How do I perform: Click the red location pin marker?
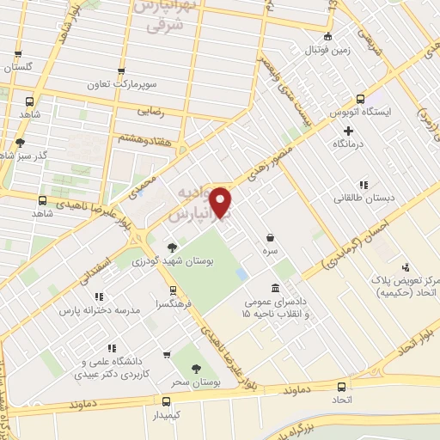tap(222, 202)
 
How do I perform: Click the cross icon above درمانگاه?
tap(347, 131)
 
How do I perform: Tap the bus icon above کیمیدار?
tap(166, 400)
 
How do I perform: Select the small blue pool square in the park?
tap(241, 273)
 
